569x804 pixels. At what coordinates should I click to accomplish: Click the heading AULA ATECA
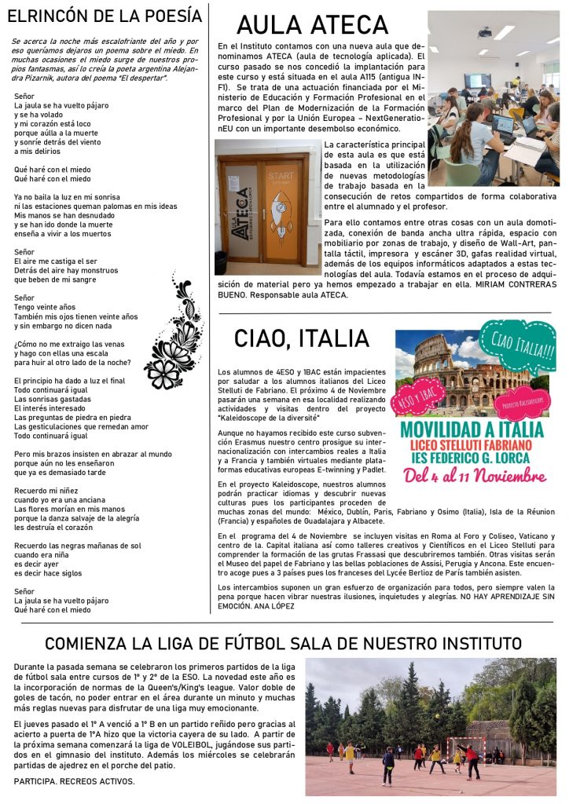312,26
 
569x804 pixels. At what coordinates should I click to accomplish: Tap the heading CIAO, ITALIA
301,338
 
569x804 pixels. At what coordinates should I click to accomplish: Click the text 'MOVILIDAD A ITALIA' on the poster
471,429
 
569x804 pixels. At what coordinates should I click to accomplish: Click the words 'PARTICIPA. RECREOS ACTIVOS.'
75,782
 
